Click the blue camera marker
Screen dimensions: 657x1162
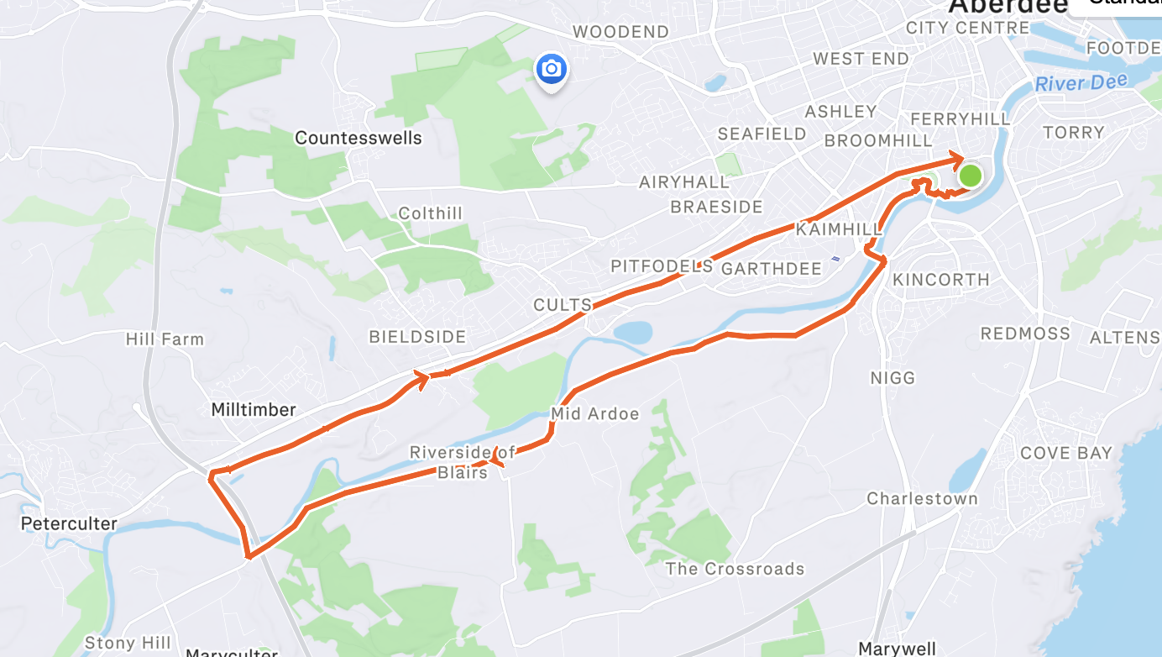551,69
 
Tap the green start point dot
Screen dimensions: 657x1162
970,176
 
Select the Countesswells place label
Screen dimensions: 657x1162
359,138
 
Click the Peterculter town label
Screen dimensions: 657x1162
69,523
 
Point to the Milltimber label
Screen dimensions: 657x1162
254,410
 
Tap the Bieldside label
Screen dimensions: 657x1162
417,337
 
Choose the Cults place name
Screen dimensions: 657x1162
563,305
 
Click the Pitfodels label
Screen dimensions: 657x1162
662,267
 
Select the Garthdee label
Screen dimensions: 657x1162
772,269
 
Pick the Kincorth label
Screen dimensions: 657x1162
941,279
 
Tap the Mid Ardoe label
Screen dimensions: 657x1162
594,413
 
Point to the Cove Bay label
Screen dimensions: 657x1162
1065,453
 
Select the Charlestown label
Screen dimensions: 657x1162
922,498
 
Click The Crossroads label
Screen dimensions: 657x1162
735,569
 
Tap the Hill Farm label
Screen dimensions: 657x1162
165,339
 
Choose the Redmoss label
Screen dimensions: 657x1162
1025,334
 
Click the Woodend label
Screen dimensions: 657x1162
620,32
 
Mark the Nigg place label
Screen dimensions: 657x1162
892,378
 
